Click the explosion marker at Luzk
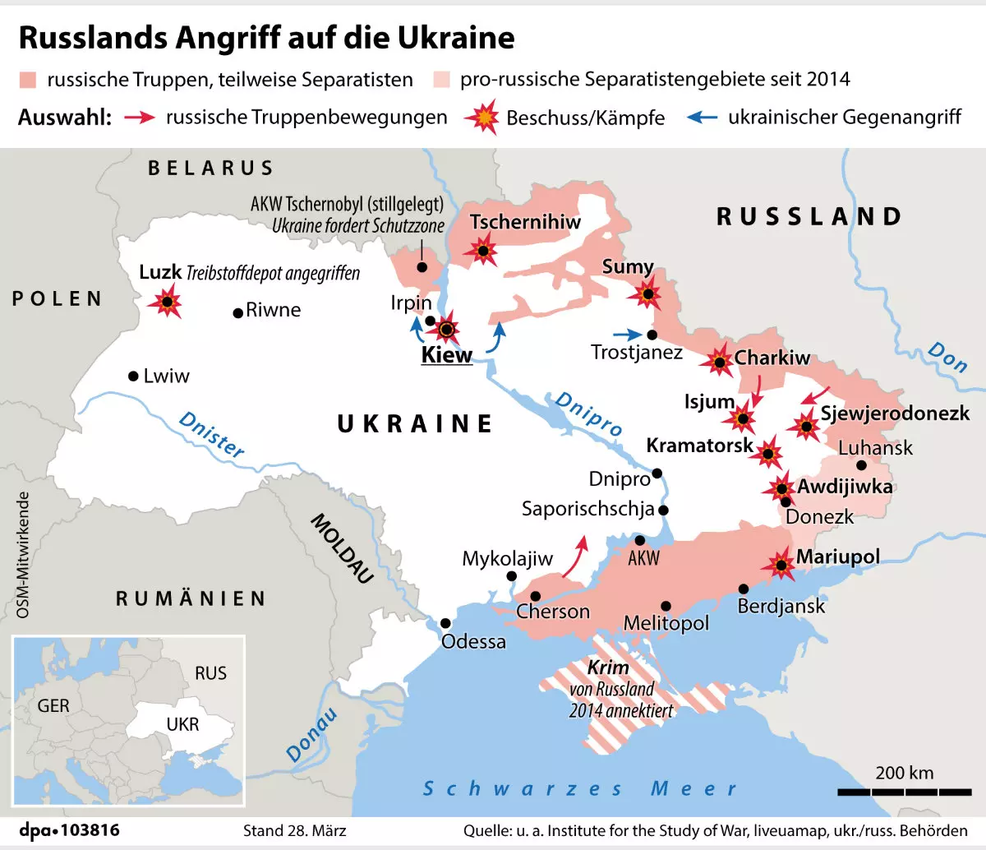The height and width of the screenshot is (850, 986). pos(167,303)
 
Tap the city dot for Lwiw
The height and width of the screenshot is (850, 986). pos(133,376)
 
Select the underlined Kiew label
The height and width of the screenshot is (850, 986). pos(446,355)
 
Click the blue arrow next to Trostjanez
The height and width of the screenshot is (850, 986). pos(626,335)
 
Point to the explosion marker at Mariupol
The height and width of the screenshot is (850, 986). pos(778,564)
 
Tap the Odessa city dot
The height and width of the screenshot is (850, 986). pos(445,623)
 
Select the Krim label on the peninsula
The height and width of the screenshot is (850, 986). pos(608,668)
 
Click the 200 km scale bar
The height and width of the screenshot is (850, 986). pos(904,792)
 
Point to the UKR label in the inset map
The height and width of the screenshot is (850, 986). pos(182,724)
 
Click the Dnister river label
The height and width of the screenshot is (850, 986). pos(212,434)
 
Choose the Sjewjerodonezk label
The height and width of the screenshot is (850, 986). pos(895,413)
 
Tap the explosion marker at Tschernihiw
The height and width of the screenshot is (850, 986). pos(482,250)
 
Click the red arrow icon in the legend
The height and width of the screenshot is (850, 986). pos(140,117)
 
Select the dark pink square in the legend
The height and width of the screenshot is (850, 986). pos(28,80)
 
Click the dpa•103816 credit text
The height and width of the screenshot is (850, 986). pos(69,830)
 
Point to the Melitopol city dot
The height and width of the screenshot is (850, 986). pos(666,606)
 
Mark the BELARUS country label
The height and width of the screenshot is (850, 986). pos(210,168)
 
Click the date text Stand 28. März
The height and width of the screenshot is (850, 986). pos(294,830)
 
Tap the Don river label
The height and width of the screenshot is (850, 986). pos(947,356)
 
